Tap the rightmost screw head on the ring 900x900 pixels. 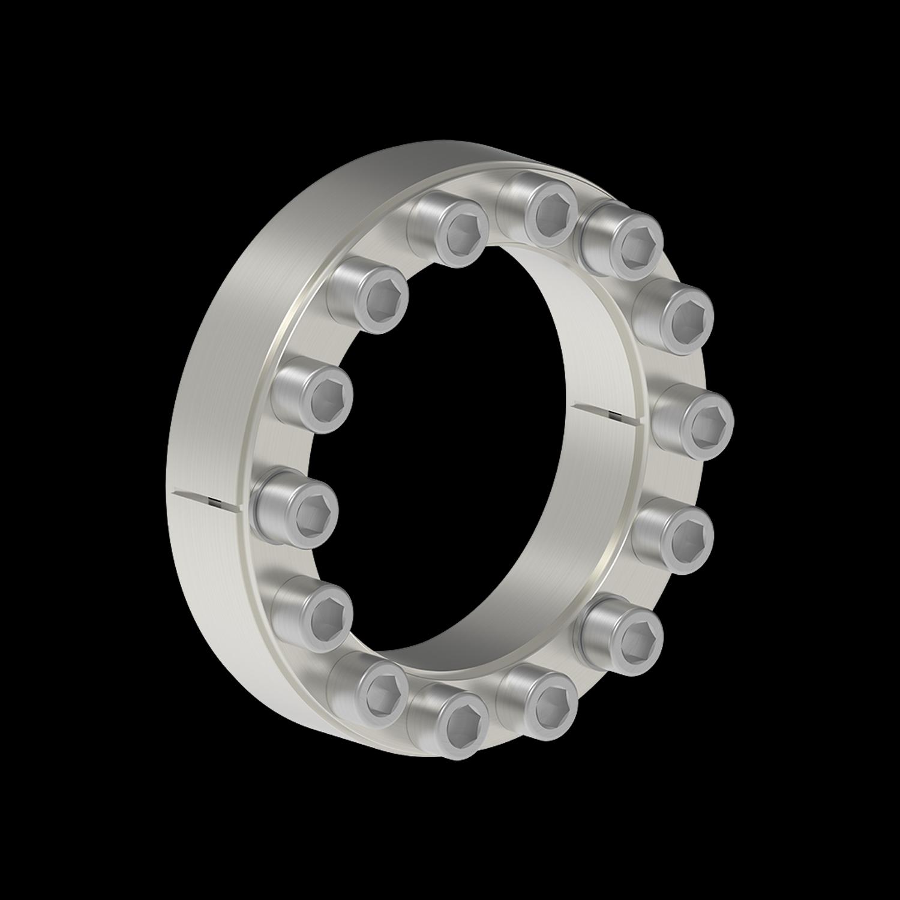[x=696, y=420]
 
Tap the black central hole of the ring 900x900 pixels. [x=444, y=450]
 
